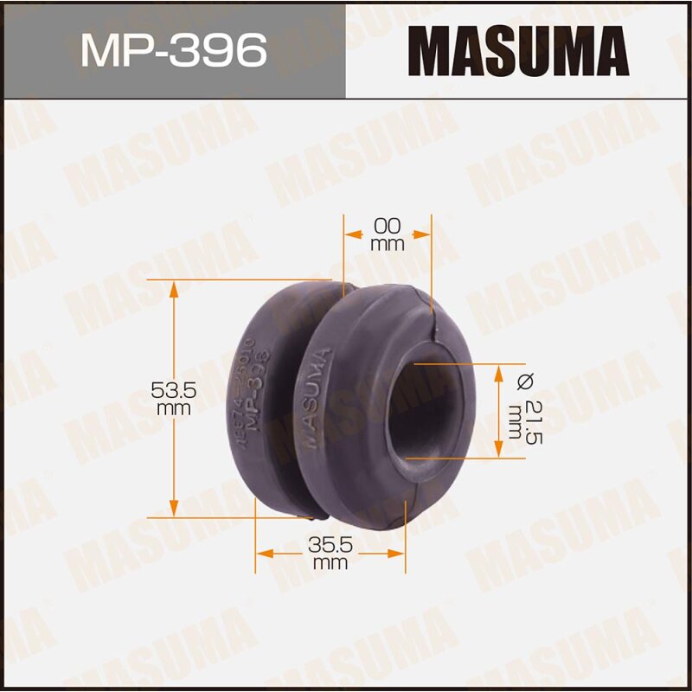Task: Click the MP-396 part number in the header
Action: pos(173,51)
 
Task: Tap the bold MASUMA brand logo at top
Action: pos(518,51)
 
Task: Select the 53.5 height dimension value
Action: pos(175,391)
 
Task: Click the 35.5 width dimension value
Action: pos(330,547)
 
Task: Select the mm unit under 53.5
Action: pos(175,408)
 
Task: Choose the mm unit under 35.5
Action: pos(330,564)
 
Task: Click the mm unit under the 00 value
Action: pos(388,244)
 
